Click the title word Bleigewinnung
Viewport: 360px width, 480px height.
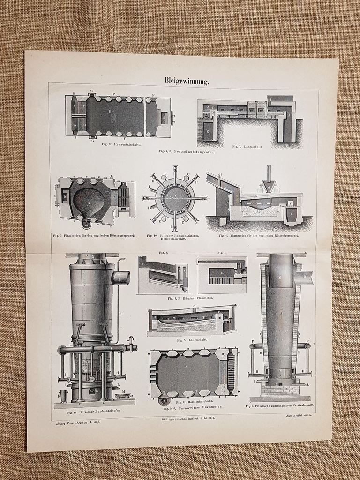tap(186, 81)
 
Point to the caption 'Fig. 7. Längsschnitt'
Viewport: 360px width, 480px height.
tap(247, 147)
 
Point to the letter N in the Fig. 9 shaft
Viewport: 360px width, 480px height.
tap(280, 278)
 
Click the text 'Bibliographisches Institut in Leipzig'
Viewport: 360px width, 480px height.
tap(186, 417)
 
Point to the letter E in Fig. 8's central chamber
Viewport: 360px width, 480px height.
tap(109, 111)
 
